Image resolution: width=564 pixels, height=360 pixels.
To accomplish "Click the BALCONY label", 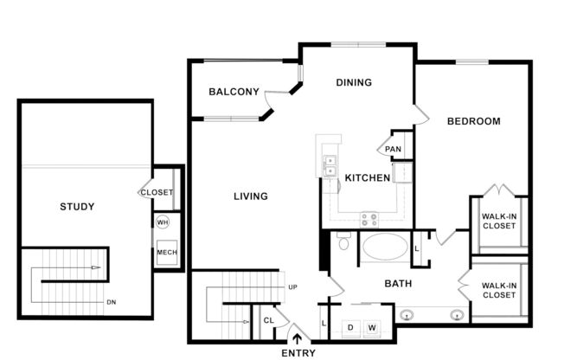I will (x=234, y=92).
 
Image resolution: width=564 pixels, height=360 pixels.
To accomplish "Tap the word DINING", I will (x=353, y=83).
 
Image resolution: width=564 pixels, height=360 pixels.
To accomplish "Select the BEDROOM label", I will (x=473, y=121).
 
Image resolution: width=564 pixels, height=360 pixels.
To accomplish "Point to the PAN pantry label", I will (x=394, y=149).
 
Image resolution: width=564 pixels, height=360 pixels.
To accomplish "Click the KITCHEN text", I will (x=367, y=178).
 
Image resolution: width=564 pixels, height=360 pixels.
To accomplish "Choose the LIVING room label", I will (x=250, y=196).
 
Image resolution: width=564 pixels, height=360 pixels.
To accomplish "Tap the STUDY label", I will (x=77, y=206).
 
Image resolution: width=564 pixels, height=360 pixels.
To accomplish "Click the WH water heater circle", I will (x=163, y=222).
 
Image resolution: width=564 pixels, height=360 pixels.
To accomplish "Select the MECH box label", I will (x=166, y=253).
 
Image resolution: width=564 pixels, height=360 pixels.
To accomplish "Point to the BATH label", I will (x=398, y=283).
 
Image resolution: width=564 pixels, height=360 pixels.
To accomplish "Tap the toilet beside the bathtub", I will (x=343, y=242).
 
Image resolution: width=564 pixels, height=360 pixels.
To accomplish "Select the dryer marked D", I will (x=350, y=327).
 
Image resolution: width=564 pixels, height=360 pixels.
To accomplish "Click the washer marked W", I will (x=372, y=327).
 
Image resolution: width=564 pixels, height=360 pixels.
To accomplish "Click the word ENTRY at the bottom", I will (x=298, y=353).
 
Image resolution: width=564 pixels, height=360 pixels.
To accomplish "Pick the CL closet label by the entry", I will (x=269, y=321).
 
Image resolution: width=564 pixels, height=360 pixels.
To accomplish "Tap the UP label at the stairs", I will (x=292, y=286).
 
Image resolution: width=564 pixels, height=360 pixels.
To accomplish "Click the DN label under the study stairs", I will (x=111, y=302).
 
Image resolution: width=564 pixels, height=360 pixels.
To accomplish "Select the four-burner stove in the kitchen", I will (x=369, y=218).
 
